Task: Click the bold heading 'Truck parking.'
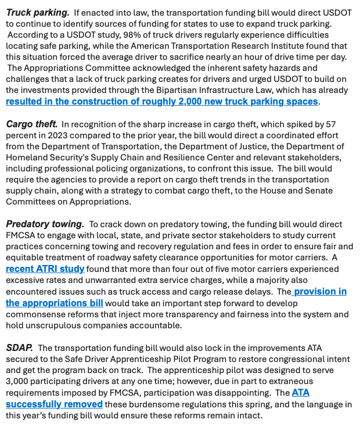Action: pyautogui.click(x=37, y=12)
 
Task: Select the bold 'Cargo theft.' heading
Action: pyautogui.click(x=31, y=124)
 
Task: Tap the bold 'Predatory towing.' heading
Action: pyautogui.click(x=45, y=224)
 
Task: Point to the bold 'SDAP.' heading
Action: pyautogui.click(x=19, y=348)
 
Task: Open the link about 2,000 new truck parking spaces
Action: pyautogui.click(x=162, y=101)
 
